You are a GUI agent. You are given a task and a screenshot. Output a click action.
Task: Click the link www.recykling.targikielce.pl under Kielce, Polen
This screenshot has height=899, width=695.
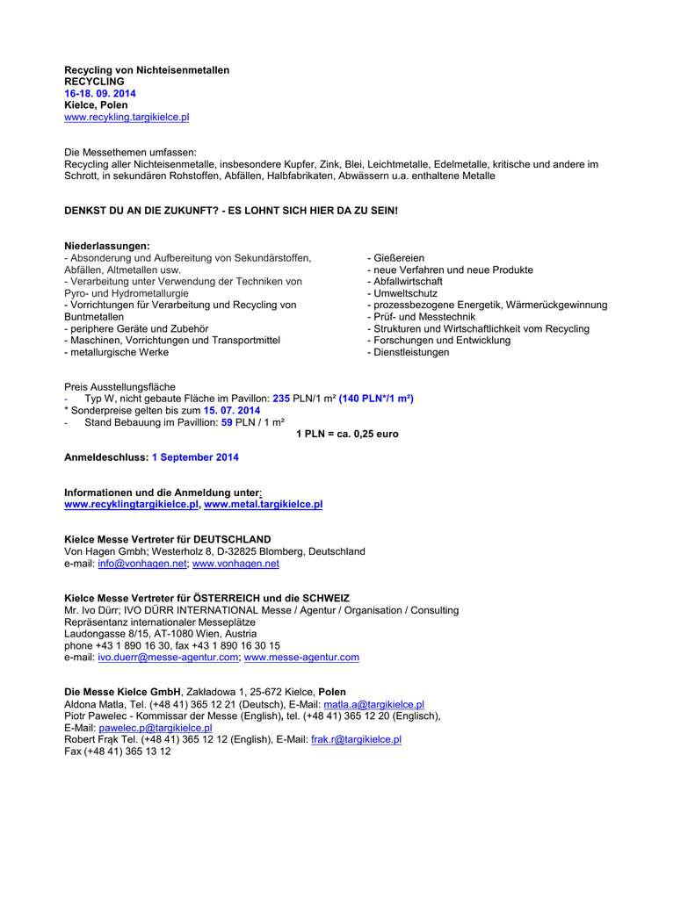click(x=127, y=117)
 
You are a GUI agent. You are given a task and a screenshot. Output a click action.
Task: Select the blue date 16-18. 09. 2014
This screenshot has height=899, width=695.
click(x=100, y=93)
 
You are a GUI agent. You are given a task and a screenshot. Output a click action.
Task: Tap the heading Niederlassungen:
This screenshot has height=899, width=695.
click(x=107, y=246)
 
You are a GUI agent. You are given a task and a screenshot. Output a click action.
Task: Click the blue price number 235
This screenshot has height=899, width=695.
click(x=281, y=399)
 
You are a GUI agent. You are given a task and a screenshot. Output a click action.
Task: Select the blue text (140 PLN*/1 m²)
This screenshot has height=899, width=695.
click(x=376, y=399)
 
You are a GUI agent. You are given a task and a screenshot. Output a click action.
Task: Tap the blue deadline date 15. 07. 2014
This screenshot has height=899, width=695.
click(x=232, y=410)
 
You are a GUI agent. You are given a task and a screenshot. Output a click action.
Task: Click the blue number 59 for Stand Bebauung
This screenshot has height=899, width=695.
click(x=227, y=422)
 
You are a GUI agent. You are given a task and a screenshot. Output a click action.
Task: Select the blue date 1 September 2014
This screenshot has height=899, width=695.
click(x=195, y=457)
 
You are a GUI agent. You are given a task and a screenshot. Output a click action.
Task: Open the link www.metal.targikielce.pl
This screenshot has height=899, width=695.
click(x=263, y=505)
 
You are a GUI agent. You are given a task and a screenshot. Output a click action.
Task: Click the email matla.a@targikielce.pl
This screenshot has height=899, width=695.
click(x=373, y=704)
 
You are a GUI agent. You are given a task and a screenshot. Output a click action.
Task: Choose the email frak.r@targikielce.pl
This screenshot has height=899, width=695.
click(x=356, y=740)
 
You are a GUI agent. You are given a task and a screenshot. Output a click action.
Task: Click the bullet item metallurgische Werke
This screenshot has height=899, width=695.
click(x=116, y=352)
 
